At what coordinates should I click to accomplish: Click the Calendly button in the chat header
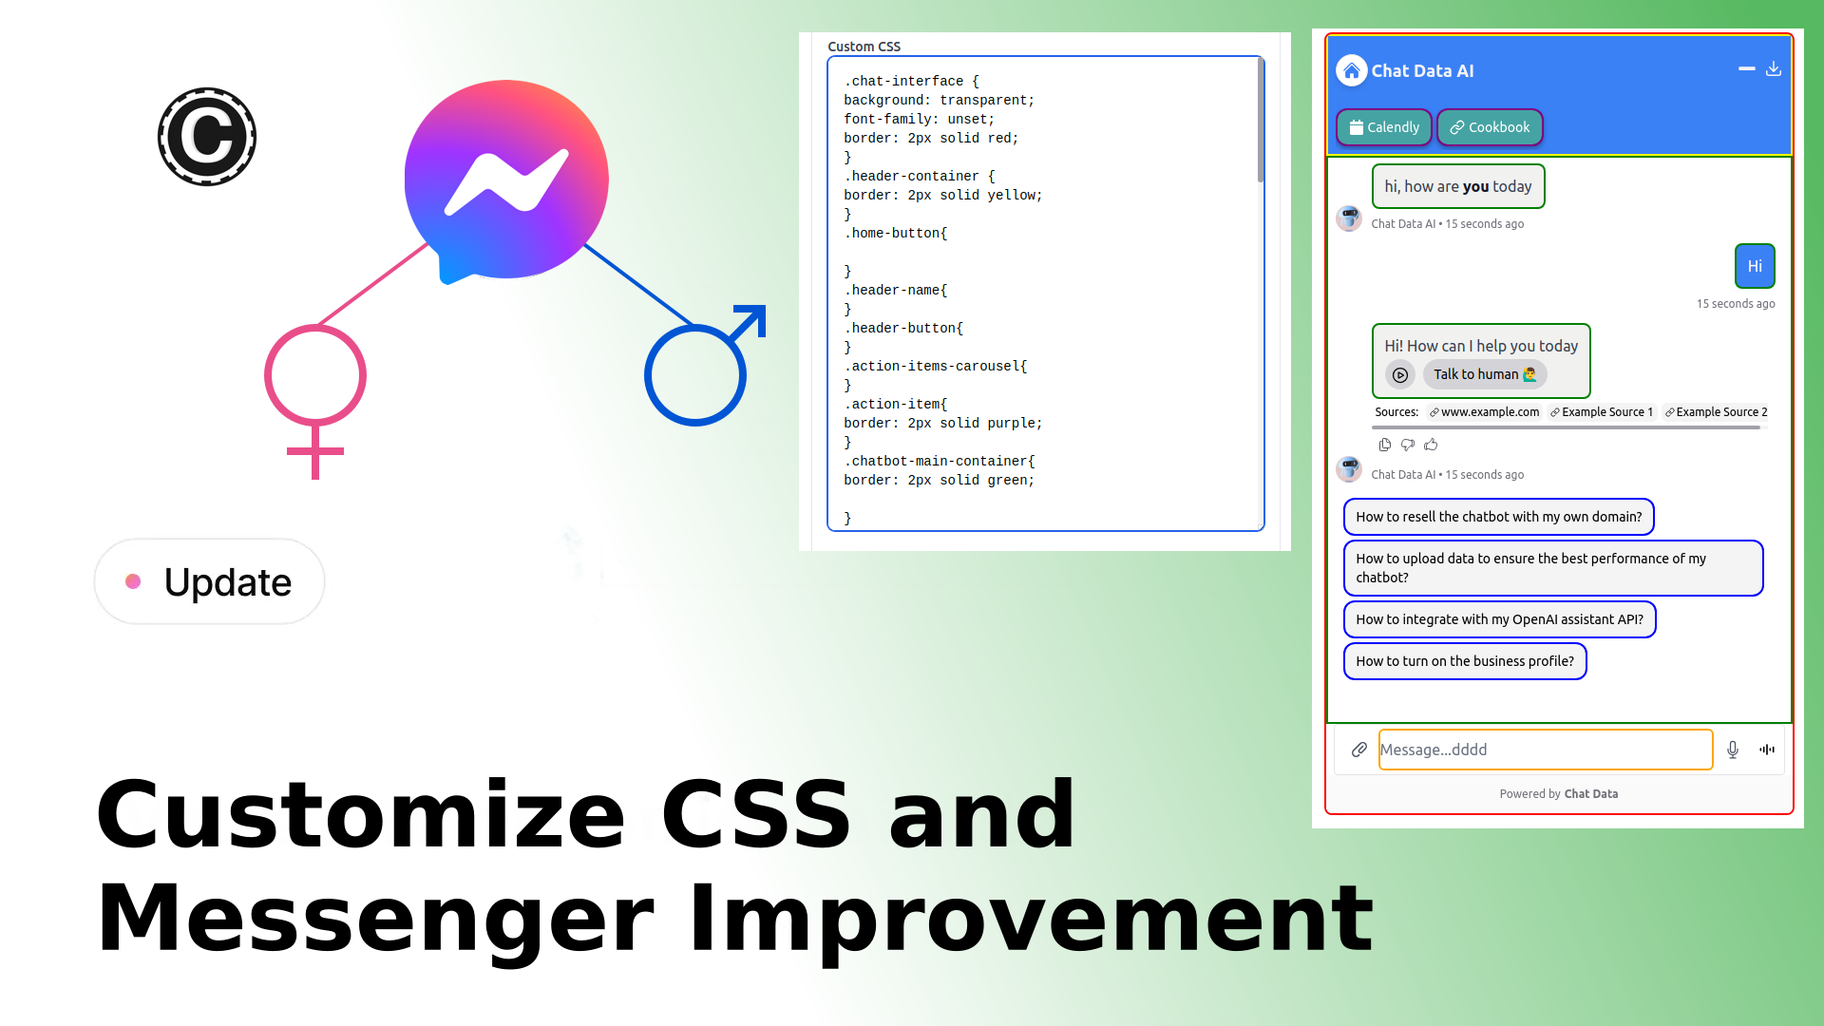coord(1383,127)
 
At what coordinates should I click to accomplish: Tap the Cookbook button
coord(1489,127)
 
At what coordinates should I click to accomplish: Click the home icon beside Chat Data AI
coord(1351,71)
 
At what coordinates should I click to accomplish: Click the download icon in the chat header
coord(1773,69)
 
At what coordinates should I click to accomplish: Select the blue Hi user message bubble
coord(1754,266)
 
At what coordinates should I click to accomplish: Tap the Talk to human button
coord(1484,374)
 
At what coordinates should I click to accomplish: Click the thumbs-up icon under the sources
coord(1431,445)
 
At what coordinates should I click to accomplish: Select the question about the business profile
coord(1464,661)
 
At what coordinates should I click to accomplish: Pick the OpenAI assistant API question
coord(1498,619)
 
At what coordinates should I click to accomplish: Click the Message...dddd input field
coord(1544,750)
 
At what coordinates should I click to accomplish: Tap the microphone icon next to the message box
coord(1732,750)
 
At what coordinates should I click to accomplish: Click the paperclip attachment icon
coord(1358,750)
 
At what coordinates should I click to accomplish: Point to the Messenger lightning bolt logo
coord(506,180)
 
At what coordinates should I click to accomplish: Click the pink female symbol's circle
coord(315,375)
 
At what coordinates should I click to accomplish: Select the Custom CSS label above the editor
coord(864,47)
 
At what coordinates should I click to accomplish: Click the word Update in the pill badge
coord(227,582)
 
